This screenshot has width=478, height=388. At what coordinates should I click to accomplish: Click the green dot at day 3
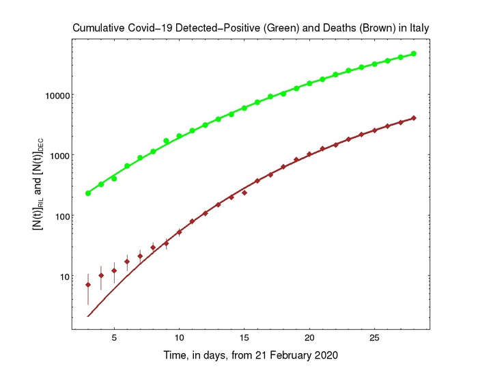(88, 193)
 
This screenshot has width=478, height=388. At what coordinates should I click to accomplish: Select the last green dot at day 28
(414, 54)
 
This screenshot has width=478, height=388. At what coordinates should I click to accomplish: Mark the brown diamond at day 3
(88, 284)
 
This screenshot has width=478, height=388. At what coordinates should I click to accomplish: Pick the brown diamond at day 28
(414, 118)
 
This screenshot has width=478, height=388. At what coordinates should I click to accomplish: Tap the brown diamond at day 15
(244, 193)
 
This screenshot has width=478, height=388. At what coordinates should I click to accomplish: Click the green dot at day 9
(166, 141)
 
